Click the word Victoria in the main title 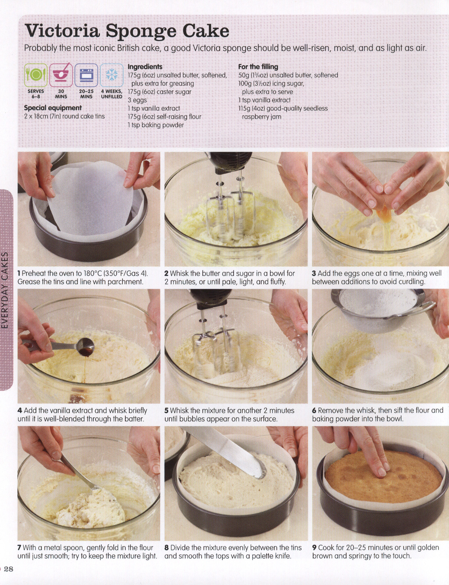coord(62,31)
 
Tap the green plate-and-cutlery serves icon coord(36,75)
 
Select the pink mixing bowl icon coord(61,75)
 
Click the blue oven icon coord(86,75)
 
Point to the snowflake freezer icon coord(112,75)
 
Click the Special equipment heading coord(53,108)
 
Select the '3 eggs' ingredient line coord(137,100)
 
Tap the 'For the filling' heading coord(258,66)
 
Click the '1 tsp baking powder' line coord(155,125)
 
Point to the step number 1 coord(19,273)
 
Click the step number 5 coord(166,411)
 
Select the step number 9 coord(314,548)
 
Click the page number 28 coord(8,569)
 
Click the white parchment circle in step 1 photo coord(90,196)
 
